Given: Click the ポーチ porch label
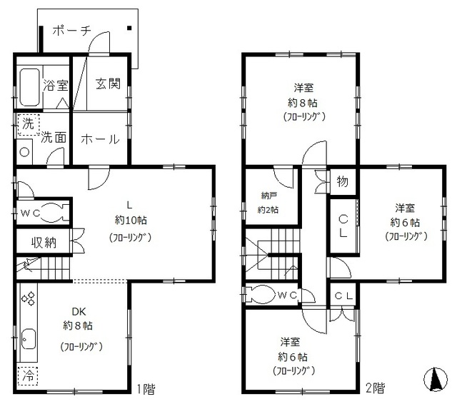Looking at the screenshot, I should coord(71,31).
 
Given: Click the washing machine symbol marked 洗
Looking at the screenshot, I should coord(27,124).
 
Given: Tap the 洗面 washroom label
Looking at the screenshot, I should coord(54,138).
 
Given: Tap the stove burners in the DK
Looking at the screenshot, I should coord(29,298).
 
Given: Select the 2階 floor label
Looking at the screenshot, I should coord(376,389).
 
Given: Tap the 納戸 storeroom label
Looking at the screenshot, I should coord(268,196).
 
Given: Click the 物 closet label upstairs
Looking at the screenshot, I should coord(342,181).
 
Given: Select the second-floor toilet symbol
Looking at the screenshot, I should coord(261,294).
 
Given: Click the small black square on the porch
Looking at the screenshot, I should coord(130,29).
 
